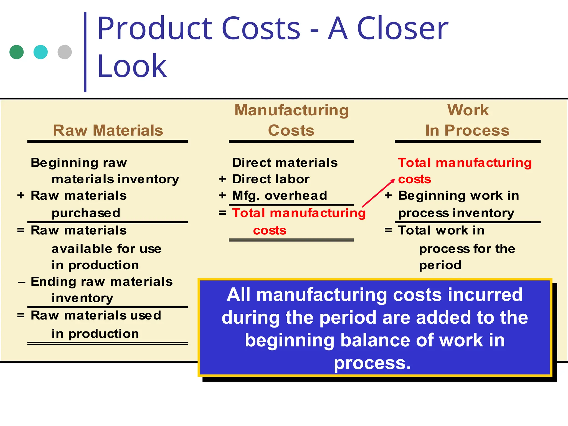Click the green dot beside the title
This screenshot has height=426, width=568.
coord(17,52)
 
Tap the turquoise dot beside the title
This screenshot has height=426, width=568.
coord(40,52)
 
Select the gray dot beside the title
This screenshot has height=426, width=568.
coord(65,52)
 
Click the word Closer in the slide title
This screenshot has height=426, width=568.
coord(402,28)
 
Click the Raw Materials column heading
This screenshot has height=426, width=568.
coord(108,130)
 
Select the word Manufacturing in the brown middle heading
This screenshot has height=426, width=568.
coord(291,110)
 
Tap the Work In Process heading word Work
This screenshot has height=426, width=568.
coord(468,110)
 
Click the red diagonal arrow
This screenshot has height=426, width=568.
coord(378,193)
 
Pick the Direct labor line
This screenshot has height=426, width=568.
coord(271,179)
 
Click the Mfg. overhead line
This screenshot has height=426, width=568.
coord(280,196)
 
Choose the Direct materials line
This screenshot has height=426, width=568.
coord(285,163)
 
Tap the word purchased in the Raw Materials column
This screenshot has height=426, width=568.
coord(86,213)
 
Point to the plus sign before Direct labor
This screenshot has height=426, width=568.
coord(222,179)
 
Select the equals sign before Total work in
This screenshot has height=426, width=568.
coord(388,230)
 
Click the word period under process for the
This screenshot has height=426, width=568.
coord(440,265)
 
